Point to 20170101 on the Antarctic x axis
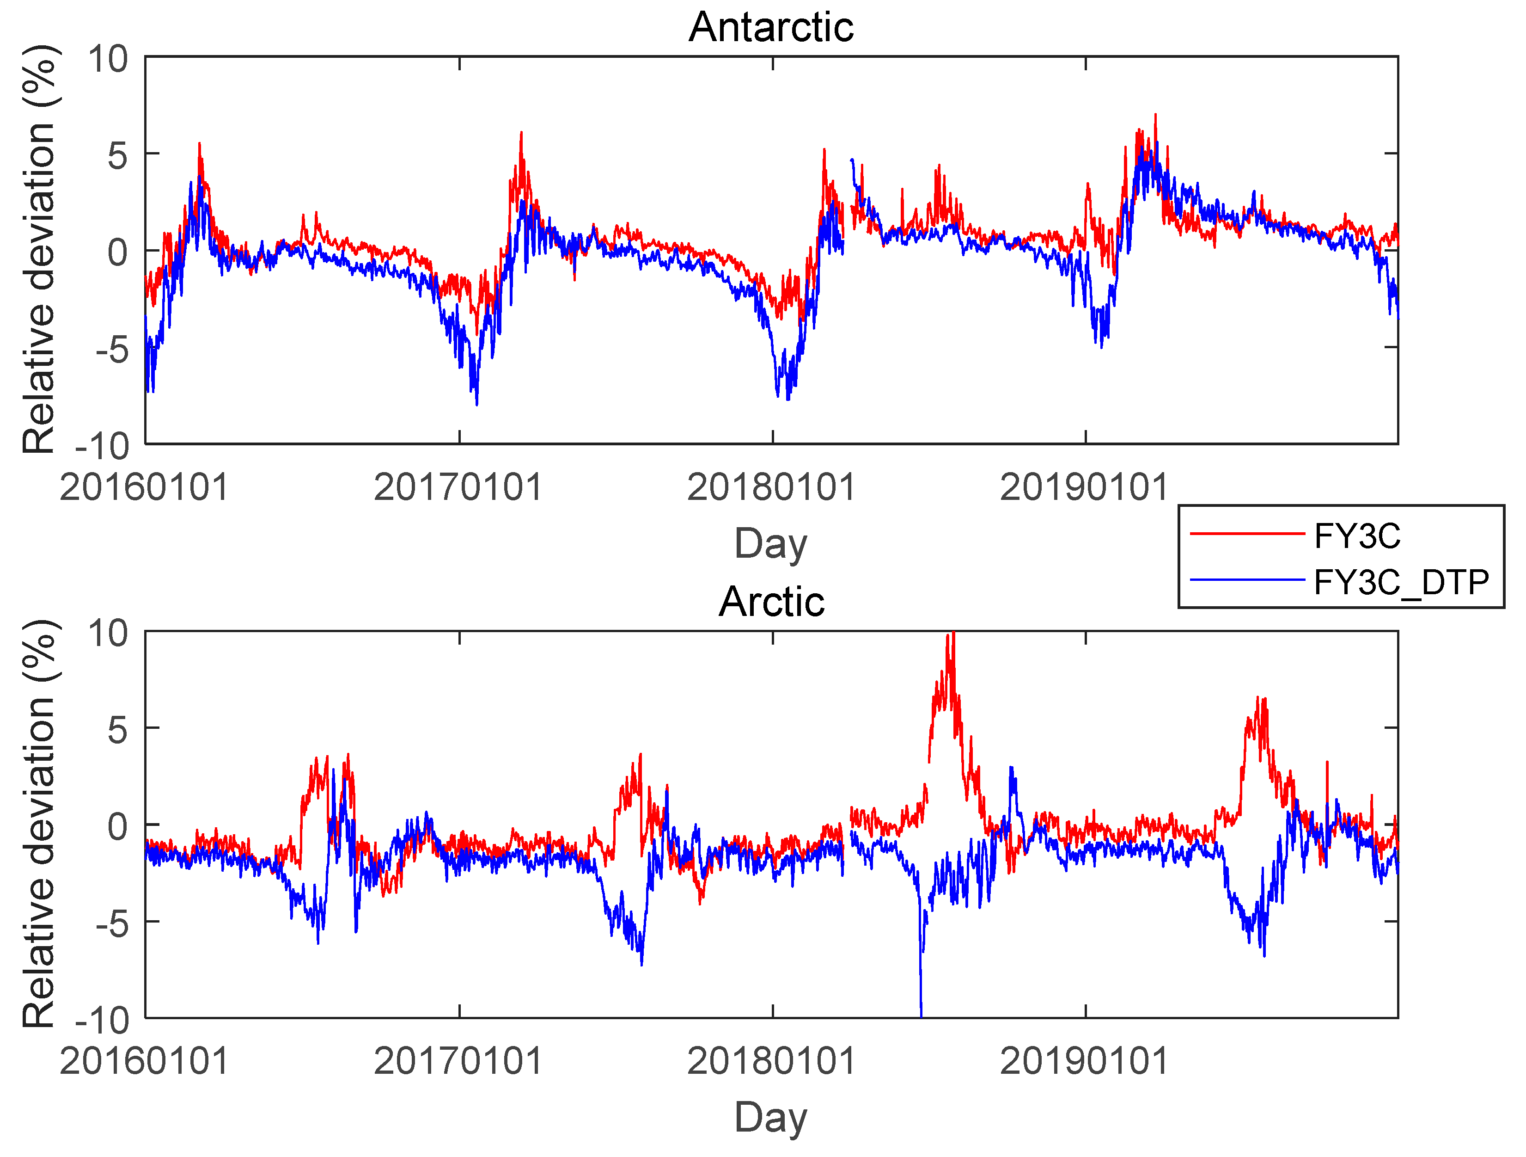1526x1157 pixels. coord(458,487)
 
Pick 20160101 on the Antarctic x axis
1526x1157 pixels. coord(144,487)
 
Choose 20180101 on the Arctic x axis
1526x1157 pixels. coord(771,1061)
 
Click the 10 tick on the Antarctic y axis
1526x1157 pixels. coord(108,59)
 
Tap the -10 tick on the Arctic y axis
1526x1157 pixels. coord(102,1020)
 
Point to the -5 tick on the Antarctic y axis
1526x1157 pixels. coord(112,349)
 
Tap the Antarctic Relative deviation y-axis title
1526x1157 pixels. coord(39,249)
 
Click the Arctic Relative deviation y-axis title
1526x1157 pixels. coord(39,824)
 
